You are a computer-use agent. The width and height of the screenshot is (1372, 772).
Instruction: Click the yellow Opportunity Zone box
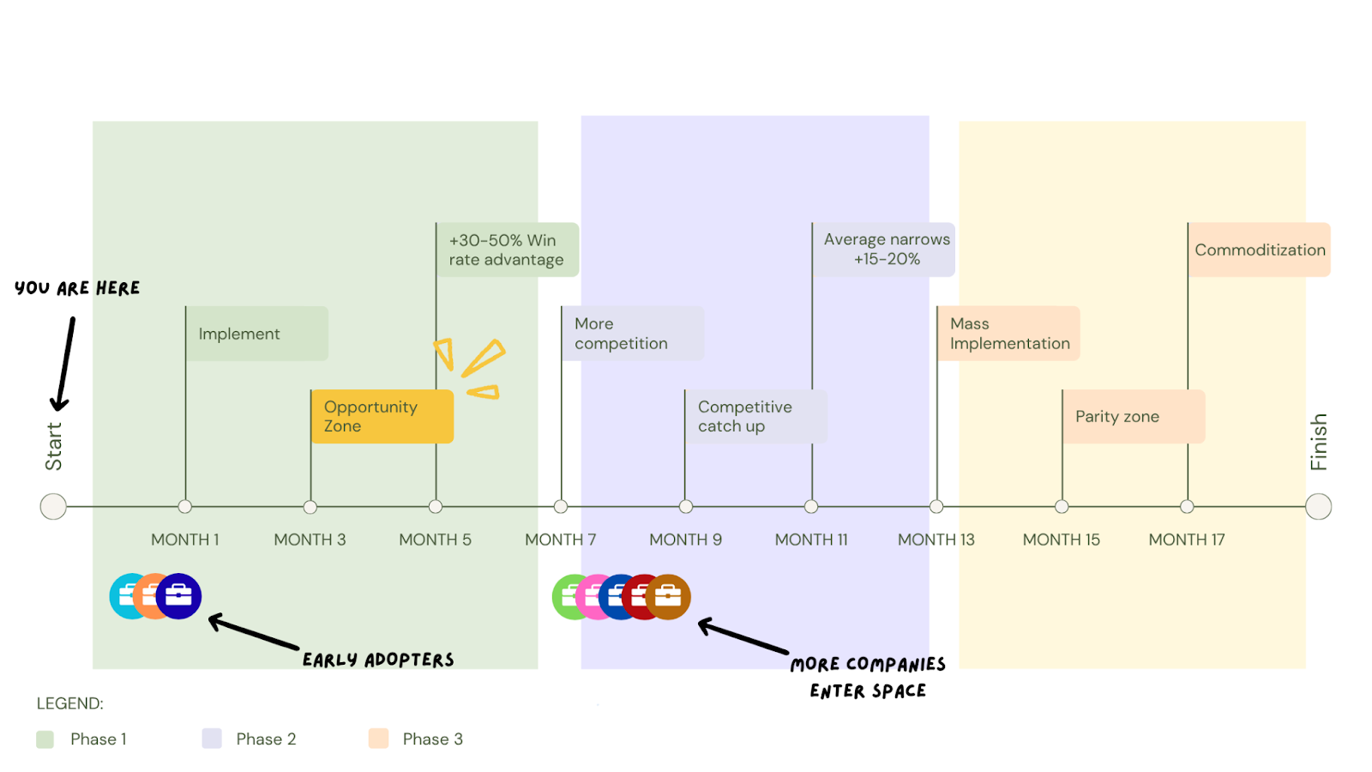click(x=382, y=417)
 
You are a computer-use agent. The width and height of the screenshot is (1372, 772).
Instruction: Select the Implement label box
click(x=256, y=334)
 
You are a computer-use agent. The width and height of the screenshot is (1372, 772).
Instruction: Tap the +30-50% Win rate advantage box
click(x=508, y=250)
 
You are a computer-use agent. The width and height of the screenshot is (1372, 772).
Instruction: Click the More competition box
click(x=633, y=334)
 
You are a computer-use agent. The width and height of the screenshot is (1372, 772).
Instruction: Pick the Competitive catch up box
click(x=755, y=417)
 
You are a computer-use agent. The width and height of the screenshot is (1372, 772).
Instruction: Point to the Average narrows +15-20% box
click(x=884, y=250)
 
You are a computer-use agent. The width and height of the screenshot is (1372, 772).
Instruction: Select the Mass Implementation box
click(x=1008, y=334)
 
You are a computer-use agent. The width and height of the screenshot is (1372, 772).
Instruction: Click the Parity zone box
click(x=1134, y=417)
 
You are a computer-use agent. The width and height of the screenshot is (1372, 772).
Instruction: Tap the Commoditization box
click(x=1259, y=250)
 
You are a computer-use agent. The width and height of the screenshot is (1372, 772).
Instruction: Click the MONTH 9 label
click(x=685, y=540)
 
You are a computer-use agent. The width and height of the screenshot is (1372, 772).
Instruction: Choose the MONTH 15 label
click(x=1061, y=540)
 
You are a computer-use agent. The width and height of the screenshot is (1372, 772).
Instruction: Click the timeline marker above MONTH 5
click(x=436, y=507)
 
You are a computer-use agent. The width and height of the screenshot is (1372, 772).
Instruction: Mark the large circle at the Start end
click(x=53, y=507)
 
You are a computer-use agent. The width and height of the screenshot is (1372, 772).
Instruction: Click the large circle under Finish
click(x=1318, y=507)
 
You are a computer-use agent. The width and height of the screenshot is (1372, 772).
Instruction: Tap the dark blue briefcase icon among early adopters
click(x=179, y=596)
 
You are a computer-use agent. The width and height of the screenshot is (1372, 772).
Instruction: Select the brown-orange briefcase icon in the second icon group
click(x=669, y=596)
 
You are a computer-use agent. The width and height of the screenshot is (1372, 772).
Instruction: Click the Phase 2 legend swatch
click(x=212, y=739)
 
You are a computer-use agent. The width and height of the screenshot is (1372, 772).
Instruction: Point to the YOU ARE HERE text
click(x=77, y=288)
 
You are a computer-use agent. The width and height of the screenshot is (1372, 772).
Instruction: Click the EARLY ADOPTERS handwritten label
click(x=378, y=660)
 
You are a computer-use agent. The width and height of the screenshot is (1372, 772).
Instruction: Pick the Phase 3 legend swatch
click(x=378, y=739)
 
